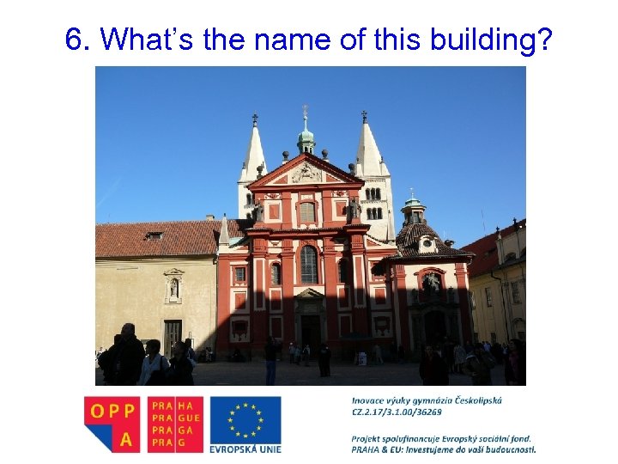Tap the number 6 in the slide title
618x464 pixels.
75,40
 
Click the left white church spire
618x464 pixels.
253,155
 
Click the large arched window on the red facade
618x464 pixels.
309,264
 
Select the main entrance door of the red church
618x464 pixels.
310,331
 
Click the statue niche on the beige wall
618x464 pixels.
173,289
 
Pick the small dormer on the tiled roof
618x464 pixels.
154,235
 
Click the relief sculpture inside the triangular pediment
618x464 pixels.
306,174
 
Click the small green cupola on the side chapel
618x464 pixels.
414,206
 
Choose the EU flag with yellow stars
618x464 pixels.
245,418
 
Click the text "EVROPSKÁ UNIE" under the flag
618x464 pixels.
245,448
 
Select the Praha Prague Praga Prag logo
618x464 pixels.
175,424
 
